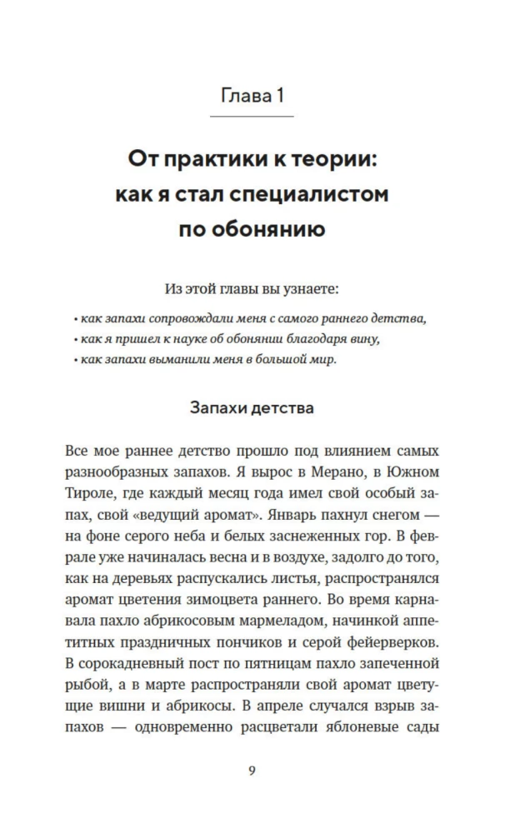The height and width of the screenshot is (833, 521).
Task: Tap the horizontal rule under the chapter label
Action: pos(252,117)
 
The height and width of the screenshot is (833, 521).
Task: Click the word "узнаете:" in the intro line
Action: pos(316,289)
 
